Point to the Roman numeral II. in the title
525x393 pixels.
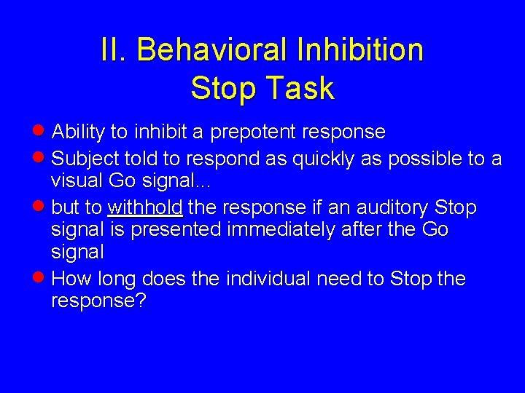114,50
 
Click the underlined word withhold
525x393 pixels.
144,208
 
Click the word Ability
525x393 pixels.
79,132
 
